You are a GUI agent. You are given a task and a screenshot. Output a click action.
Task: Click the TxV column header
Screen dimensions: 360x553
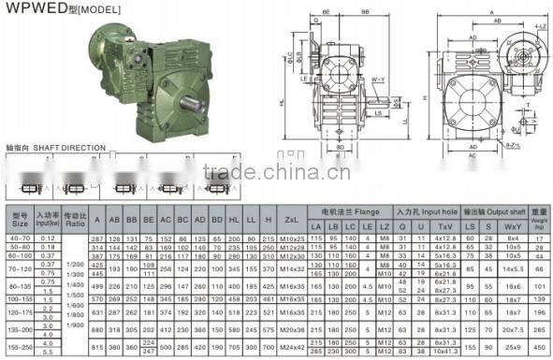(444, 227)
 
